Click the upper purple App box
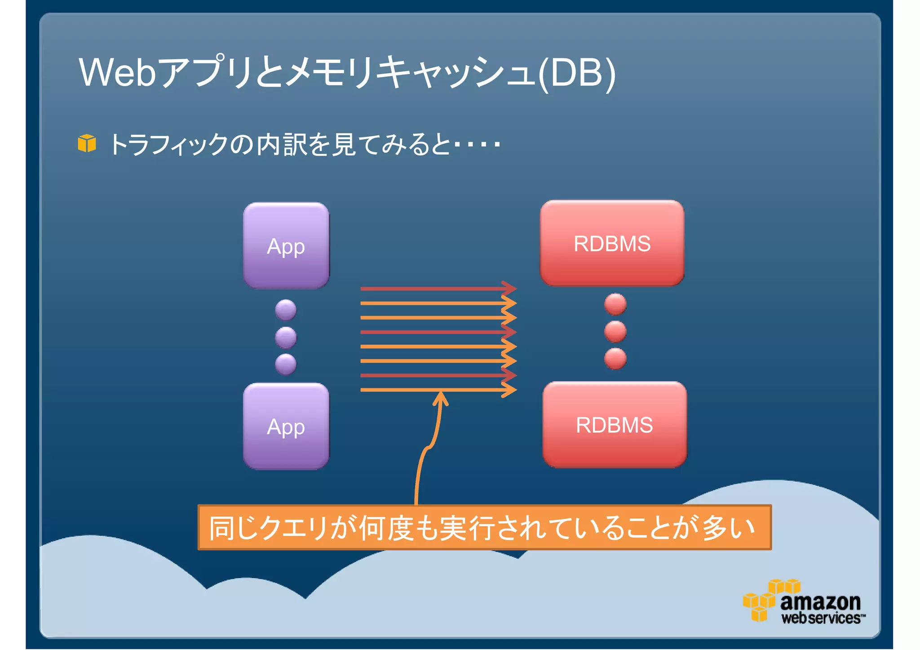tap(286, 246)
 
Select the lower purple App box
tap(286, 426)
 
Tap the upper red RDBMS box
tap(612, 243)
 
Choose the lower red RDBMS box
tap(614, 425)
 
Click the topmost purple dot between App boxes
tap(286, 310)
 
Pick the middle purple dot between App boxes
tap(286, 337)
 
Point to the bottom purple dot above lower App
tap(286, 364)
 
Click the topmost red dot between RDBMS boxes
tap(615, 304)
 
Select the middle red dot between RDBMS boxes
tap(615, 332)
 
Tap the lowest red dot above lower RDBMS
tap(615, 359)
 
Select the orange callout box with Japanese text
tap(484, 527)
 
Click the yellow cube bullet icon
tap(87, 143)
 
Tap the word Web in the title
tap(118, 72)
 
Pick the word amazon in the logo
tap(820, 602)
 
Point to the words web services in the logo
tap(822, 618)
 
